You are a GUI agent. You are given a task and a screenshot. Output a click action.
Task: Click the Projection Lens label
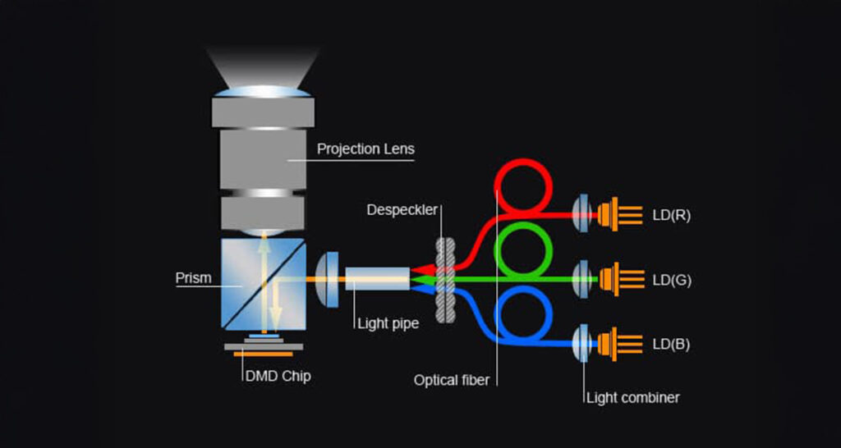(x=365, y=149)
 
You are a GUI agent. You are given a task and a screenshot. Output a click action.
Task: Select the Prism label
(x=193, y=278)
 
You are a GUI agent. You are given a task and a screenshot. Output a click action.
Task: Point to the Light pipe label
(x=388, y=323)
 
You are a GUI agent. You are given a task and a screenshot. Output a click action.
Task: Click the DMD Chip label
(x=278, y=377)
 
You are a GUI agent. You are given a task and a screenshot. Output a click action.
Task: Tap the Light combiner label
(x=632, y=398)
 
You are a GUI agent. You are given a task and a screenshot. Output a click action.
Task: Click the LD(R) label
(x=672, y=216)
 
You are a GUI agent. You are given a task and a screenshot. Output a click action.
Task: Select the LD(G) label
(x=672, y=280)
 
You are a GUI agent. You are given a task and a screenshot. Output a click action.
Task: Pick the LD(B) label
(x=671, y=344)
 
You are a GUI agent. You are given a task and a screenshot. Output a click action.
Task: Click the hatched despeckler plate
(x=446, y=280)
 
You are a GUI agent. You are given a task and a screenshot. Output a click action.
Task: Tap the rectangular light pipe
(x=377, y=280)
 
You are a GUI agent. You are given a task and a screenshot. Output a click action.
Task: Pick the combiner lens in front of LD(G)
(x=582, y=279)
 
